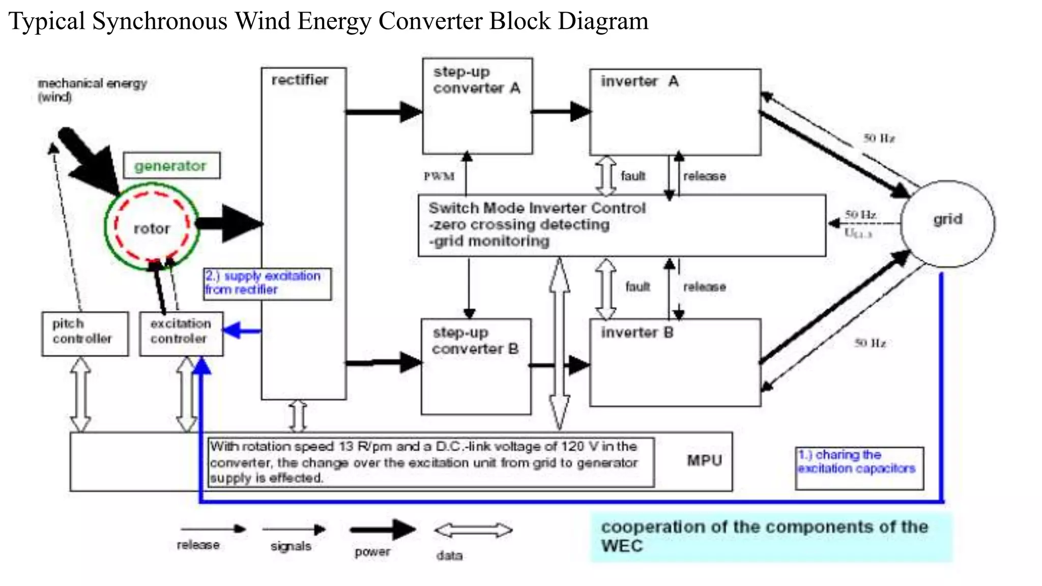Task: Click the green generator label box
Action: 171,166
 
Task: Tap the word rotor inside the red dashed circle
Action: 152,229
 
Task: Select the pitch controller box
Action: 84,333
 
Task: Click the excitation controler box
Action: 181,333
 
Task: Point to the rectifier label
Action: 300,80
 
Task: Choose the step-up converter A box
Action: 477,106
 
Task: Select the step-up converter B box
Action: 476,366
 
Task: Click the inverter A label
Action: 639,81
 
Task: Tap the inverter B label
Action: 637,333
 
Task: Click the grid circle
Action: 947,224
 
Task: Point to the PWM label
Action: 439,177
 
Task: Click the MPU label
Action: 704,460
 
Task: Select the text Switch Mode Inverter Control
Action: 537,208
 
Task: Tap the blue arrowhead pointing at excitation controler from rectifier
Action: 232,331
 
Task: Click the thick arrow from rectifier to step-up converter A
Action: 384,112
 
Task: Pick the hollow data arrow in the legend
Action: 473,531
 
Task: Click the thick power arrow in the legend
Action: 383,530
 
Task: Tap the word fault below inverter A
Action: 633,176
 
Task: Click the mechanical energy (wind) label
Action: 92,90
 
